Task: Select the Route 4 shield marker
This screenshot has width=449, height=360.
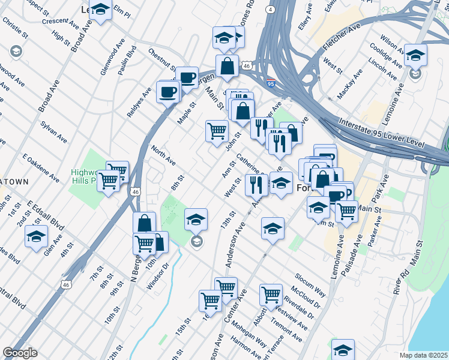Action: [x=271, y=10]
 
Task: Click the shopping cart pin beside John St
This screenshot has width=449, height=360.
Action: [x=217, y=131]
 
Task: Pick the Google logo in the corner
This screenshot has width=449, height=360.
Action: [x=20, y=353]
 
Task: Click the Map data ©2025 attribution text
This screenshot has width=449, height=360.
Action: [x=423, y=355]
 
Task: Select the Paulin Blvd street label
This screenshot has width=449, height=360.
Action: [x=127, y=60]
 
